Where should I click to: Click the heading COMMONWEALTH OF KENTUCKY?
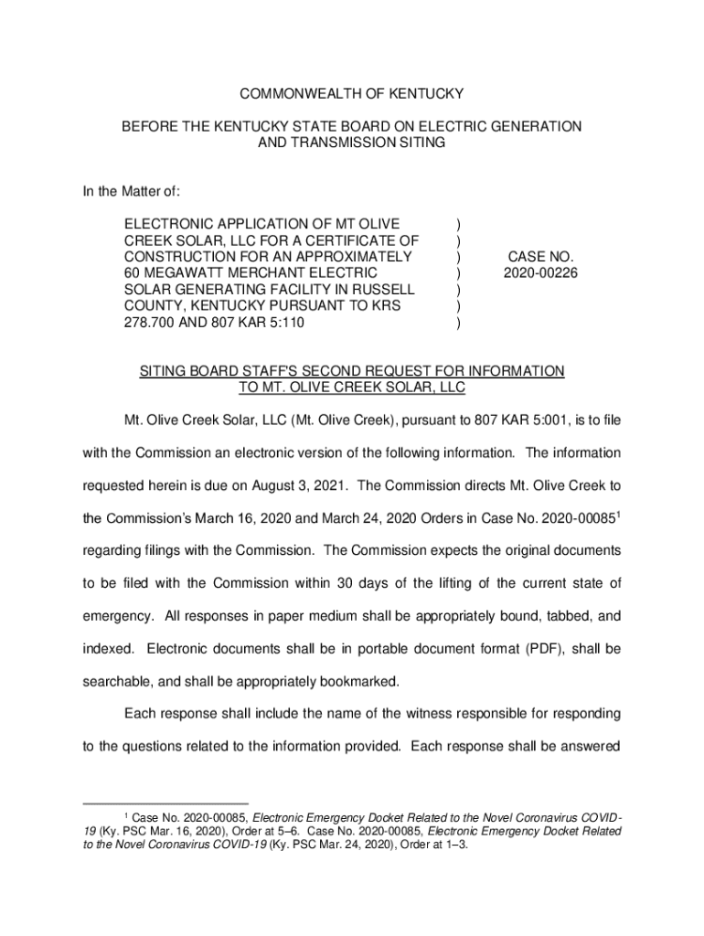point(352,94)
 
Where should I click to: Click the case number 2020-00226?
point(539,273)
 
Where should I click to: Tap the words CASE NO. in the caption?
point(539,257)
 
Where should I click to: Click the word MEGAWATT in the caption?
point(192,273)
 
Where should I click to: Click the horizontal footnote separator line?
point(165,804)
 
